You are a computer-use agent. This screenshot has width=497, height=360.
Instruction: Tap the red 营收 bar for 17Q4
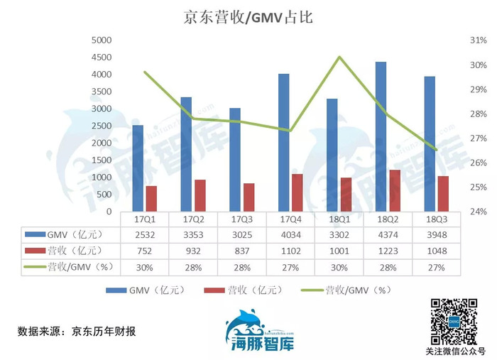297,192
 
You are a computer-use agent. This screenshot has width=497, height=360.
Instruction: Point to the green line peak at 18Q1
339,57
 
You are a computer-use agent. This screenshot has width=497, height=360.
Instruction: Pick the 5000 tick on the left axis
102,40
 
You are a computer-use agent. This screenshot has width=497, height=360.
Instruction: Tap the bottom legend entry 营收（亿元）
244,290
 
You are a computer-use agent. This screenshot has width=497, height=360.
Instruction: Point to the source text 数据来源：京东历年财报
77,331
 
